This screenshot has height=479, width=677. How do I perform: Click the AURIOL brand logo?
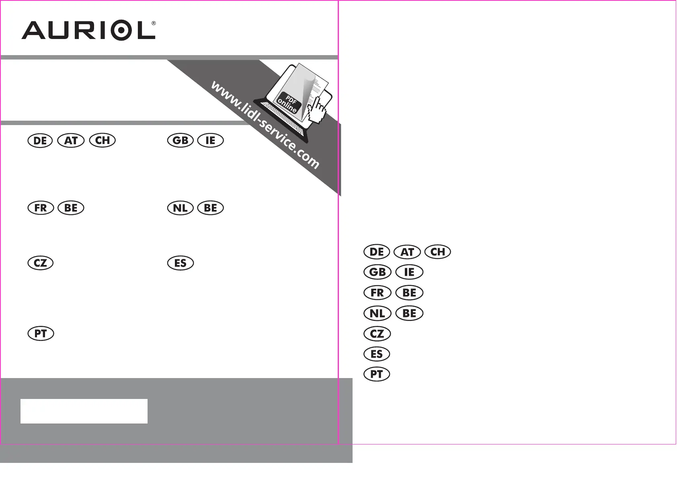pyautogui.click(x=88, y=30)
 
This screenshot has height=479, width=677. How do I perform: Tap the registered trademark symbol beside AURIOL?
pyautogui.click(x=154, y=23)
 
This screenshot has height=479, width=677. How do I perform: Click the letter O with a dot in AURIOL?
pyautogui.click(x=121, y=30)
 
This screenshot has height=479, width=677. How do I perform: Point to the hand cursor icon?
pyautogui.click(x=316, y=111)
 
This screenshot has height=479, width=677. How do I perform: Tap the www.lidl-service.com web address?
pyautogui.click(x=265, y=125)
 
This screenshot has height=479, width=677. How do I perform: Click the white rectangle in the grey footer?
pyautogui.click(x=84, y=411)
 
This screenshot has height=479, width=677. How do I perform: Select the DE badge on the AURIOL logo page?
pyautogui.click(x=40, y=141)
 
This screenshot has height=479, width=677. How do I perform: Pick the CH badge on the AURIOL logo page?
pyautogui.click(x=103, y=140)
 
